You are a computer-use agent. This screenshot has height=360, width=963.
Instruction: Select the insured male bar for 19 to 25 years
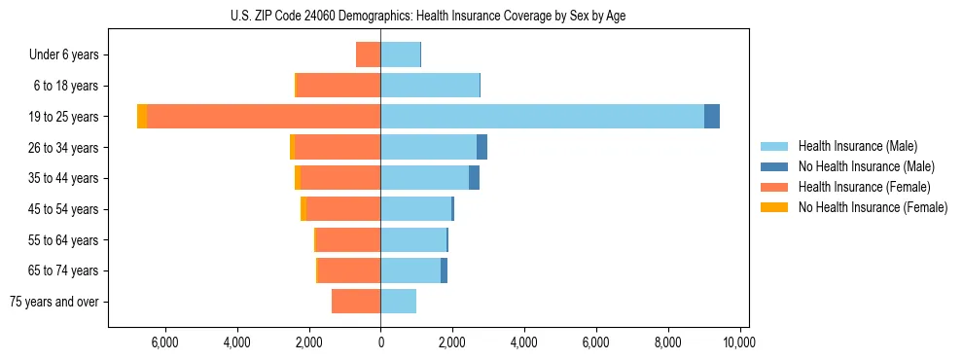coord(542,117)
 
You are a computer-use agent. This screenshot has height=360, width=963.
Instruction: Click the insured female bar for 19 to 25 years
coord(264,117)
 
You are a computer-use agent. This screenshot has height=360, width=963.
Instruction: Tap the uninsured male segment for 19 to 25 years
coord(712,117)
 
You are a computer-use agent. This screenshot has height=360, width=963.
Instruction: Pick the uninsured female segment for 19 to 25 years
coord(142,117)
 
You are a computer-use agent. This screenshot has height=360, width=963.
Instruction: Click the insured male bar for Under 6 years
coord(400,54)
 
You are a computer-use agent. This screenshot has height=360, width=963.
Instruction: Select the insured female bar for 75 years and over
coord(356,302)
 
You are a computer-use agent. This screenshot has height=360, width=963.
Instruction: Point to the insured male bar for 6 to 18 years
coord(430,86)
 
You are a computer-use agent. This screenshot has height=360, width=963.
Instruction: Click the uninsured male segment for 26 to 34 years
coord(481,147)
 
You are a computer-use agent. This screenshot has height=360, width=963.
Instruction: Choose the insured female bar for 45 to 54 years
coord(343,209)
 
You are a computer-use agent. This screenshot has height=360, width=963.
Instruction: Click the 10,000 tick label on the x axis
coord(740,342)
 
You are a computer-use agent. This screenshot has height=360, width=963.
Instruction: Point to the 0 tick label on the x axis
coord(380,342)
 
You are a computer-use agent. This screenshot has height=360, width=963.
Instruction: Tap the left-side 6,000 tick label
coord(164,342)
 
